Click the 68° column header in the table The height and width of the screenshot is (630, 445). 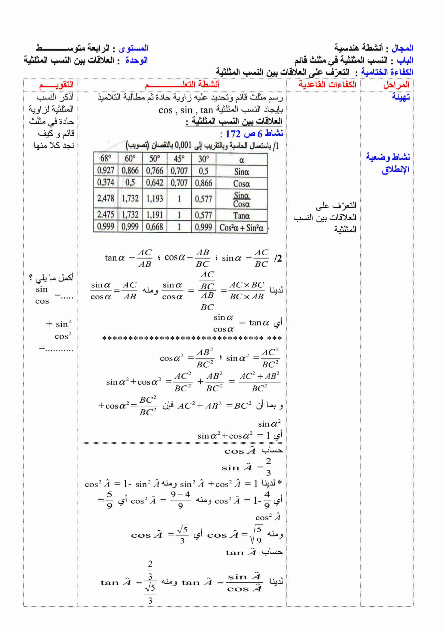point(106,158)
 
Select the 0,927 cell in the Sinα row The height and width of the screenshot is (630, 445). point(106,171)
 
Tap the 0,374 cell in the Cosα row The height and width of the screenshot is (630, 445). point(106,182)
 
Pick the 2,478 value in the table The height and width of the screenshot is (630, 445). point(106,199)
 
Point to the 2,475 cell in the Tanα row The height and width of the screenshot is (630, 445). point(106,215)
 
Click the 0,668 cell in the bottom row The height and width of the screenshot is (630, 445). point(154,227)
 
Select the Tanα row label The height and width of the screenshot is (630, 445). point(241,216)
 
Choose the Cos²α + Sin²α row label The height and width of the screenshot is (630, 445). point(241,228)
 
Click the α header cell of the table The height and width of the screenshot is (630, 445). point(241,160)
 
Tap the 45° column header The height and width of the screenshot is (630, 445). point(179,159)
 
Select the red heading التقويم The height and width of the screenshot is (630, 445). point(56,85)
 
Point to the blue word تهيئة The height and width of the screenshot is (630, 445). point(401,97)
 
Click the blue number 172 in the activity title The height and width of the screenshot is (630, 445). point(233,134)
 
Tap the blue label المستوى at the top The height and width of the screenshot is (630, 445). point(134,48)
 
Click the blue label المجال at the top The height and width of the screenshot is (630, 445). point(402,48)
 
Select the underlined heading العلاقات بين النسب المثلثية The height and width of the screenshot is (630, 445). point(234,121)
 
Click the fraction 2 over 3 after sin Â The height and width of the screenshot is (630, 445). point(268,467)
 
